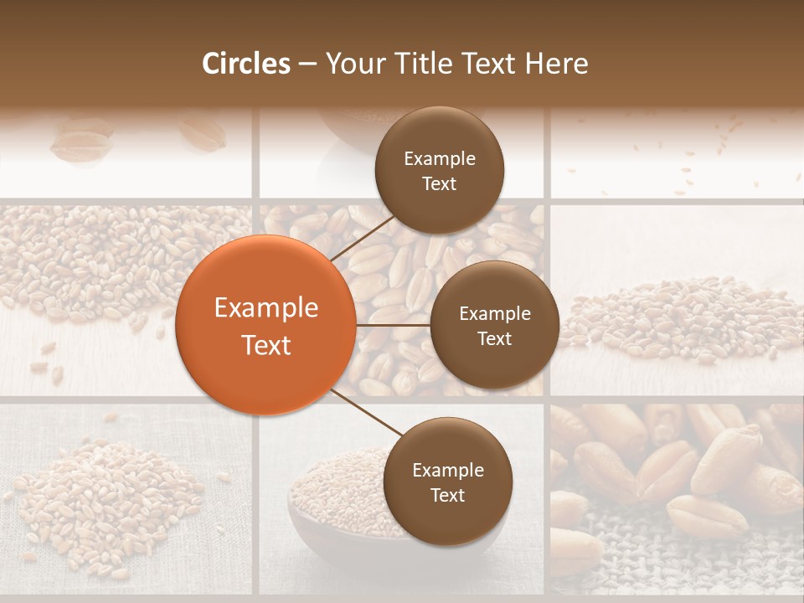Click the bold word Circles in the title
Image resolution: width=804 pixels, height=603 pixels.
(x=246, y=64)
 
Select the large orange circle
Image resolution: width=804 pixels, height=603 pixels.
(x=265, y=325)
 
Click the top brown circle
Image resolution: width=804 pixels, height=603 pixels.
(x=440, y=171)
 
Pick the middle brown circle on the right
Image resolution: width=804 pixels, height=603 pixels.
(x=494, y=326)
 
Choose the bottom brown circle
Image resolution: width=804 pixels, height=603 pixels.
(x=447, y=482)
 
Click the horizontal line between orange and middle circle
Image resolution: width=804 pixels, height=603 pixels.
(x=393, y=325)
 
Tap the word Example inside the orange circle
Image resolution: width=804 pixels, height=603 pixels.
(x=266, y=308)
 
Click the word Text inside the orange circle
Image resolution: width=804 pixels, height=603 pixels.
(x=266, y=345)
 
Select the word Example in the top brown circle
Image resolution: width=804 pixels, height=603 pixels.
(x=440, y=159)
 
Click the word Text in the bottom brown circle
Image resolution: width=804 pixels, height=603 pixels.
(x=447, y=495)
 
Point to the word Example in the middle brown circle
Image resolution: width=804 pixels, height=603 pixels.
(x=495, y=314)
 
